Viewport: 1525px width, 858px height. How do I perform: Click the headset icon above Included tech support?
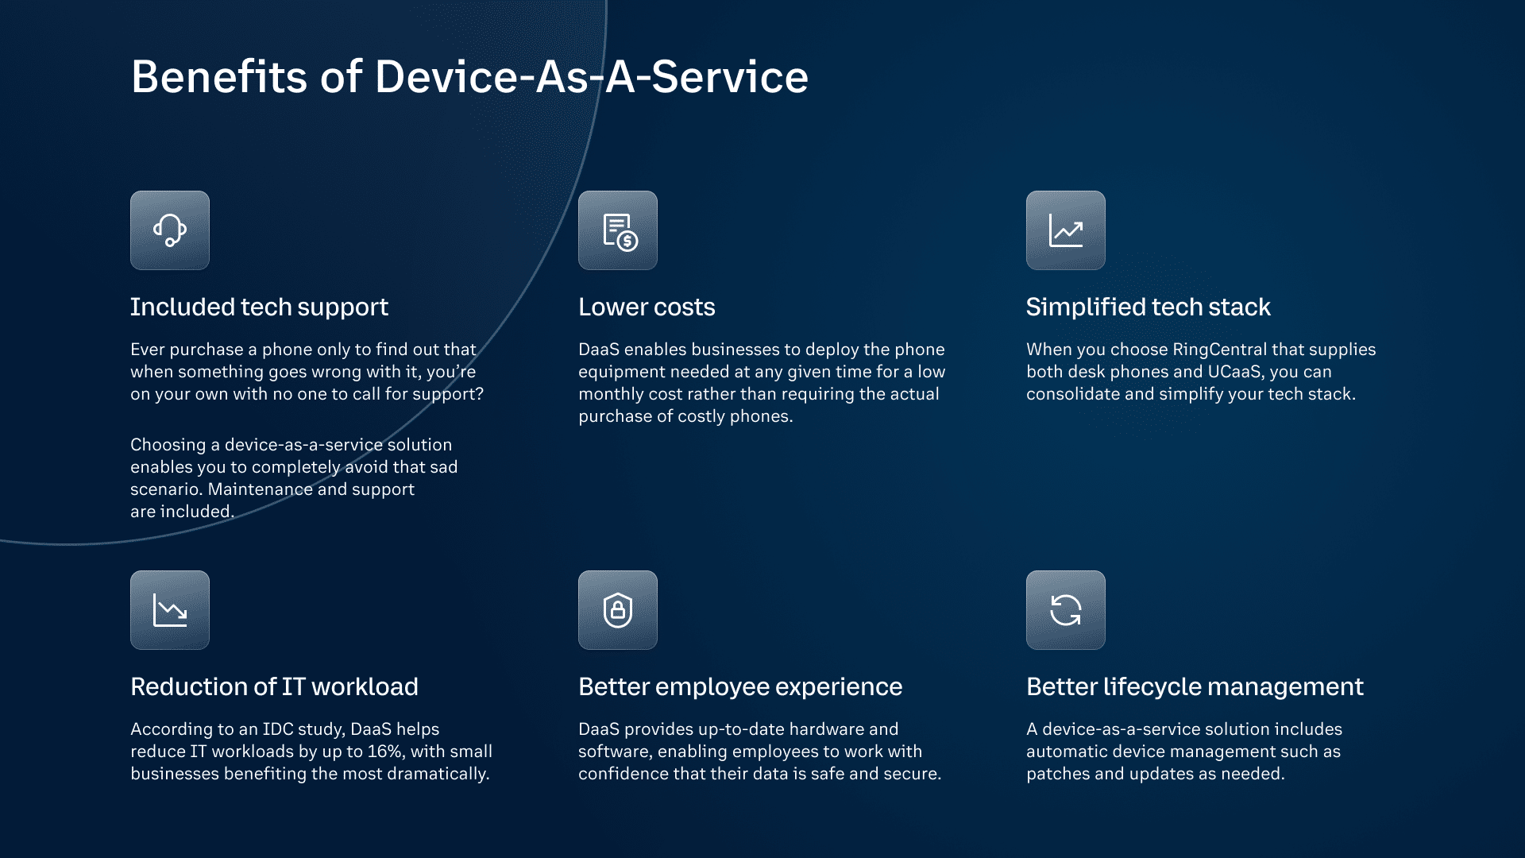pos(170,230)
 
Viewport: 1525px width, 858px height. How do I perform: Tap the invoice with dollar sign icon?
pos(618,230)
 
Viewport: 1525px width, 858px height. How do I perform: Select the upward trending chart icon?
pos(1066,230)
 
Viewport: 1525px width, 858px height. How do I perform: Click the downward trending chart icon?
pos(170,610)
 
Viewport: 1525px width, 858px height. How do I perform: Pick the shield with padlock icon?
pos(618,610)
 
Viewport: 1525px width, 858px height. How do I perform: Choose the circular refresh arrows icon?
pos(1066,610)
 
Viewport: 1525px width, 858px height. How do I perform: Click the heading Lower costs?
pos(647,307)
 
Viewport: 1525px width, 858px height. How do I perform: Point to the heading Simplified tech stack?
pos(1148,307)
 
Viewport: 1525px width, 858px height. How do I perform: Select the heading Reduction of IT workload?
pos(274,686)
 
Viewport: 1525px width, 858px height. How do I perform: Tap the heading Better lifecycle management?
pos(1195,686)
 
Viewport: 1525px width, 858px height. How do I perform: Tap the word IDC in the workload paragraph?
pos(278,729)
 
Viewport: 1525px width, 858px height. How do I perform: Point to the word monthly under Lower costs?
pos(611,394)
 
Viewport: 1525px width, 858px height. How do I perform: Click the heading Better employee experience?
pos(740,686)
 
